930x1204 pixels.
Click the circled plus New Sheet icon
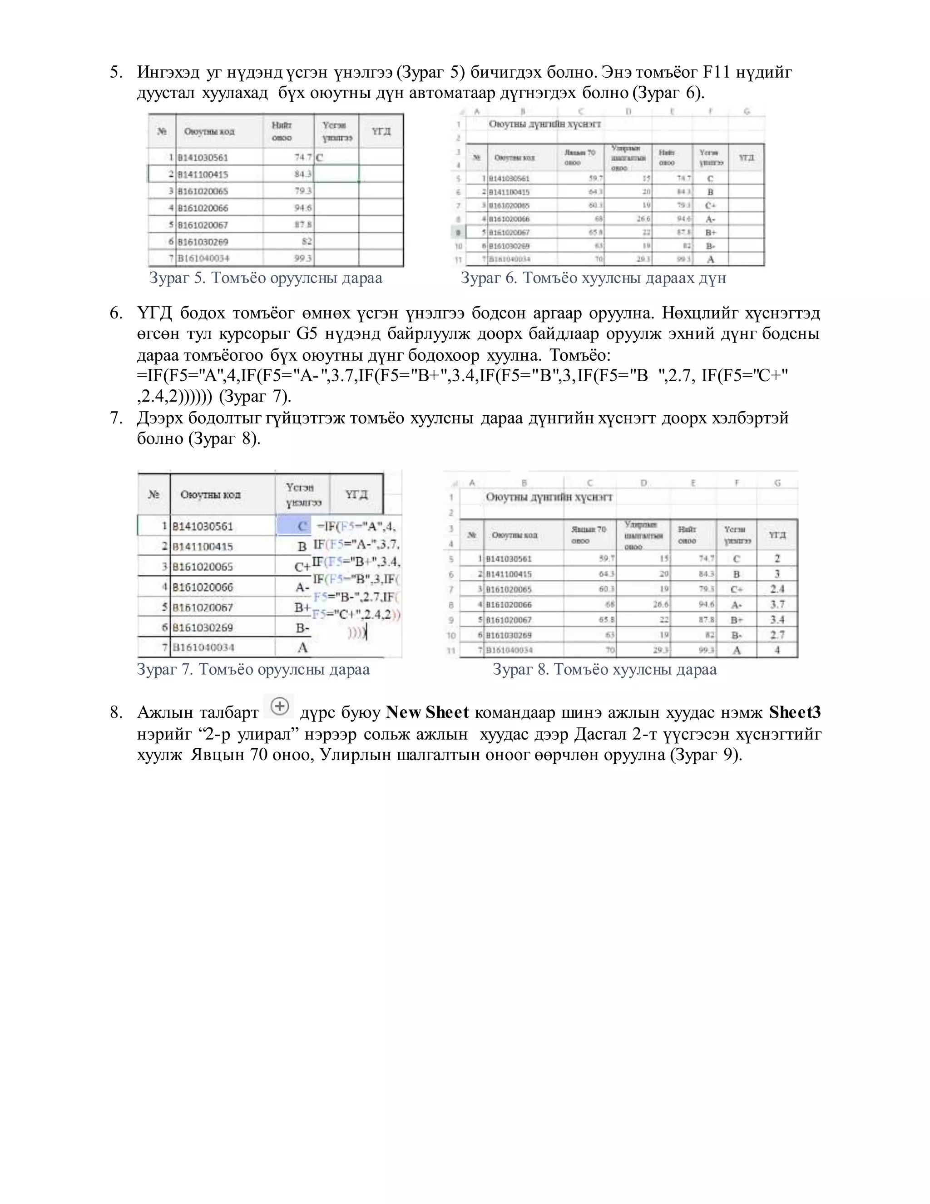[280, 706]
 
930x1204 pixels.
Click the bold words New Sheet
[427, 712]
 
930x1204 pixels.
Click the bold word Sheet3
[795, 712]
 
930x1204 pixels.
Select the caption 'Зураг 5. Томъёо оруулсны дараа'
[266, 278]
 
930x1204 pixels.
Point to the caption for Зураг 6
[593, 278]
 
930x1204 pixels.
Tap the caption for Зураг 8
[604, 669]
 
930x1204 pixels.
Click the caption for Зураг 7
[253, 669]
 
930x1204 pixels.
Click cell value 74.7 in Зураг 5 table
[303, 157]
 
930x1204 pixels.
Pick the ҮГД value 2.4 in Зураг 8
[777, 589]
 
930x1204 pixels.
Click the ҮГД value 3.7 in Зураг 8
[777, 605]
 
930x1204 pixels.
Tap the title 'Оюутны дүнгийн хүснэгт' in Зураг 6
[544, 124]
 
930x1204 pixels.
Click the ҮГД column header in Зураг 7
[356, 494]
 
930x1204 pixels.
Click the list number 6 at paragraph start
[116, 313]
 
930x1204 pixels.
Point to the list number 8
[116, 713]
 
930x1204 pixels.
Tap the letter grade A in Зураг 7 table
[302, 648]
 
